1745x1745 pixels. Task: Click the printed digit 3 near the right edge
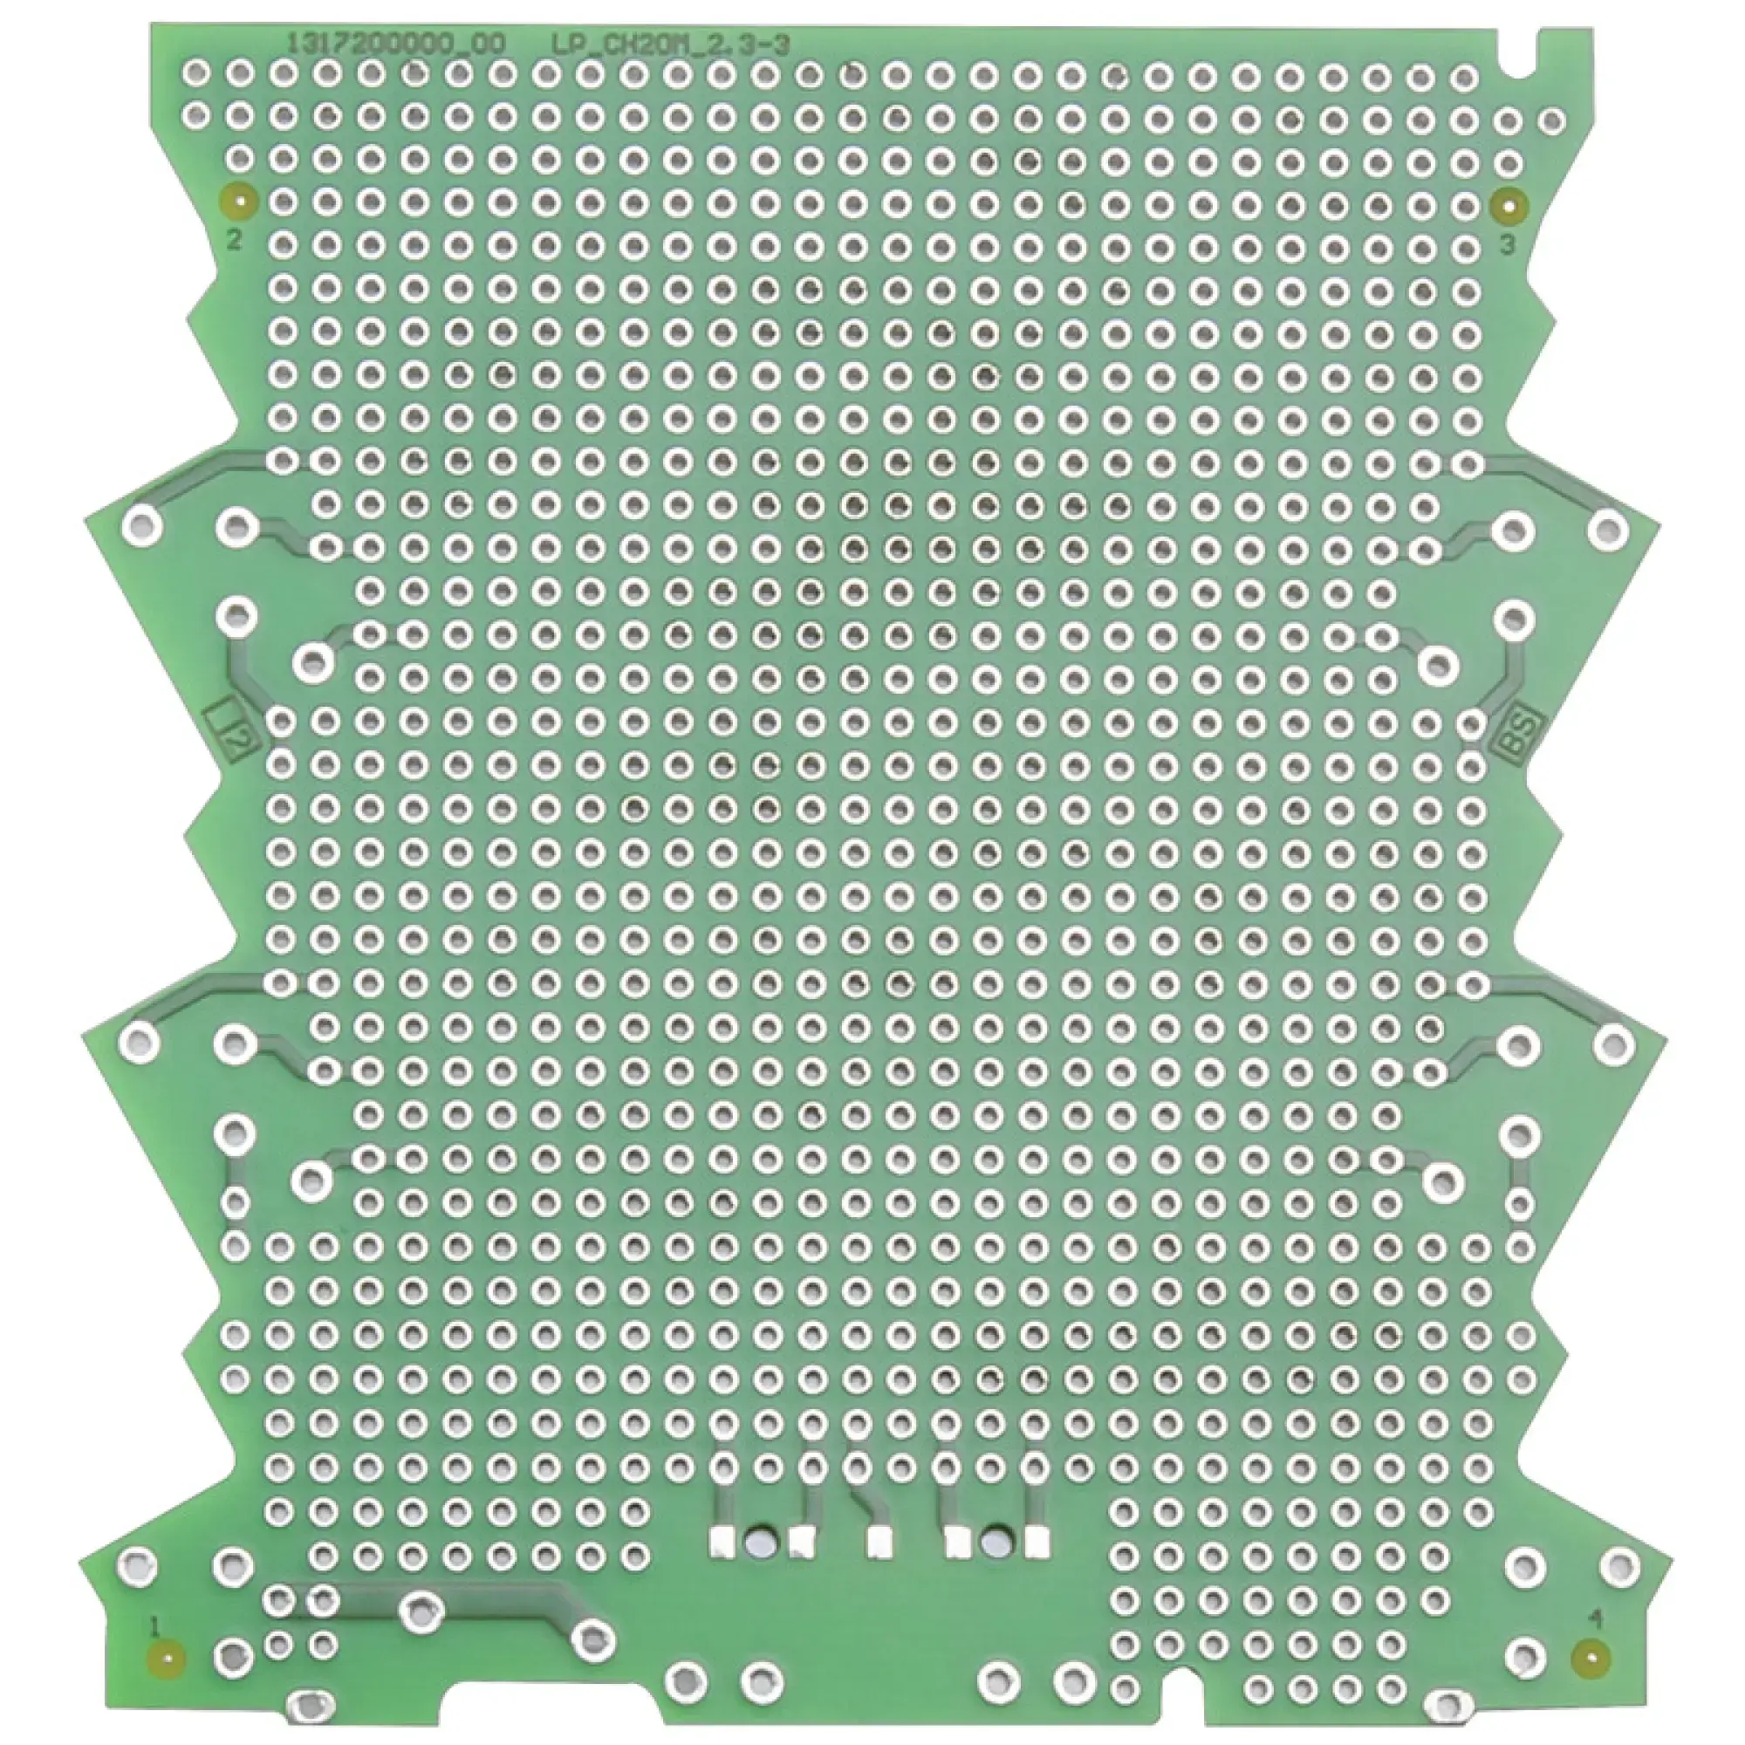[x=1506, y=245]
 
